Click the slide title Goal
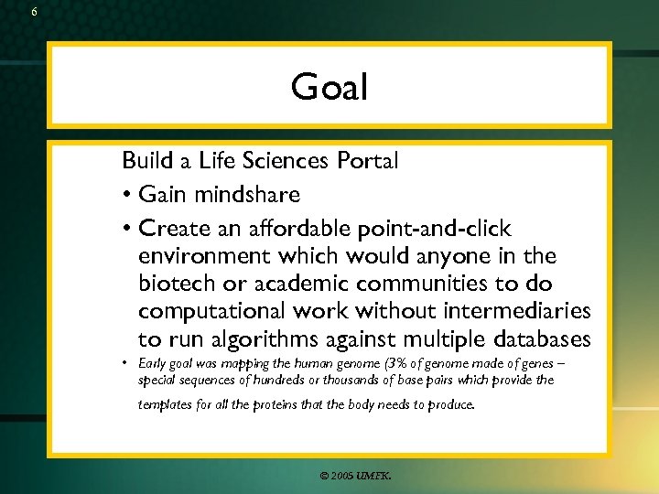tap(329, 88)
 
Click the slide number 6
tap(34, 12)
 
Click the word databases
tap(532, 340)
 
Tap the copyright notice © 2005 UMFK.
tap(356, 476)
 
